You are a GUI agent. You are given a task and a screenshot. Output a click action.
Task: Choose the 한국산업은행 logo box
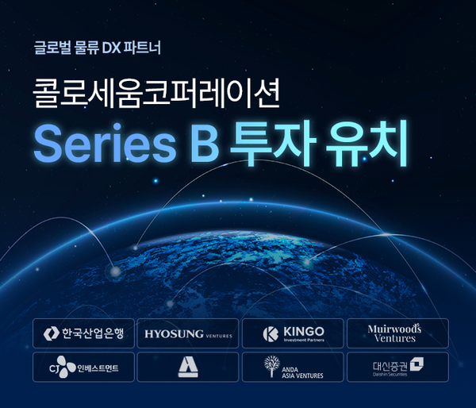pos(83,333)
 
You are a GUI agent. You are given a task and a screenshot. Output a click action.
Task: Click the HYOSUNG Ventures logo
pos(188,333)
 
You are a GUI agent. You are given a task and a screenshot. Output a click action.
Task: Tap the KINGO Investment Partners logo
pos(293,333)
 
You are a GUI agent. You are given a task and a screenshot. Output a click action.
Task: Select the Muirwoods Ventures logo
pos(397,333)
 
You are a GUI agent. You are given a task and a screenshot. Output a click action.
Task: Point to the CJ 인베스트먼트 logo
pos(83,368)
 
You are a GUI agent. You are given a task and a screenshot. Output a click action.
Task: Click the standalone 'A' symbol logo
pos(188,368)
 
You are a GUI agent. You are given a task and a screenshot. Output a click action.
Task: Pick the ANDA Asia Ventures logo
pos(293,368)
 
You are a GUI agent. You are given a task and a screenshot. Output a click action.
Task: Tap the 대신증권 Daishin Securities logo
pos(397,368)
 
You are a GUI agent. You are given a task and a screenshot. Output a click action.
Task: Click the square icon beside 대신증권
pos(416,364)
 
